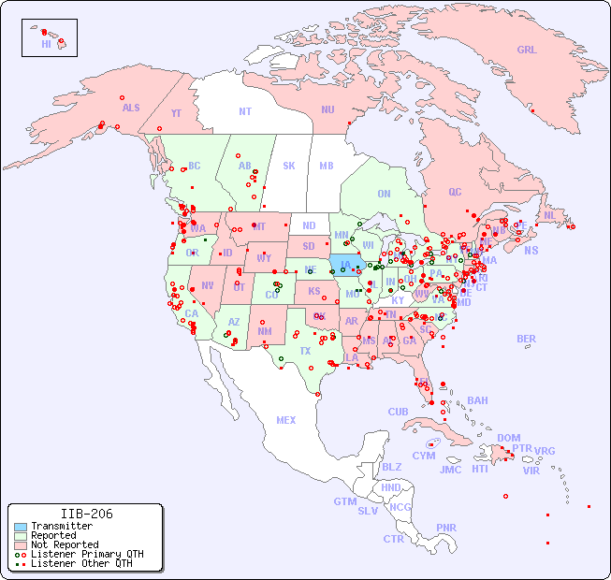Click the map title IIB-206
(87, 514)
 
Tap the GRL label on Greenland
(527, 51)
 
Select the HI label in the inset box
(46, 44)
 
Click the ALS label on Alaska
(131, 108)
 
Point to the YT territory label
(176, 113)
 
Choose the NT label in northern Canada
(244, 110)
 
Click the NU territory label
(327, 109)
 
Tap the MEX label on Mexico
(285, 420)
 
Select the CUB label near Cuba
(398, 412)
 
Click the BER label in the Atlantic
(526, 339)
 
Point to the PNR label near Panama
(446, 528)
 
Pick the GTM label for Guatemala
(344, 501)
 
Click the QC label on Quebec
(455, 192)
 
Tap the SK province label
(289, 166)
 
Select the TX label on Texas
(305, 351)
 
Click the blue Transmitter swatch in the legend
(19, 527)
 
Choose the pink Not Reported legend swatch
(19, 544)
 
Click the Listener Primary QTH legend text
(86, 554)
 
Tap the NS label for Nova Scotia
(531, 250)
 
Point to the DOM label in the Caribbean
(508, 438)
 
